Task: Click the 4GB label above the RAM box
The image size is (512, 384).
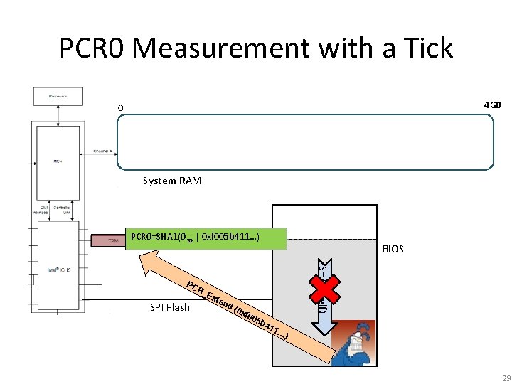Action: (492, 105)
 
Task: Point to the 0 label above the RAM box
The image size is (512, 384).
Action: (121, 108)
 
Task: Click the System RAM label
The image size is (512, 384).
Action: (171, 181)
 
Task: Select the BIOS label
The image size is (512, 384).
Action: (393, 249)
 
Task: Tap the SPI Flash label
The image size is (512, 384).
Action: (170, 307)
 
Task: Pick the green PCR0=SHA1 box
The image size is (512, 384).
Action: (206, 239)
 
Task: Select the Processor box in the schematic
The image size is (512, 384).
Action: (58, 95)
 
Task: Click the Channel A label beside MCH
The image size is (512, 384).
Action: (105, 151)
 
